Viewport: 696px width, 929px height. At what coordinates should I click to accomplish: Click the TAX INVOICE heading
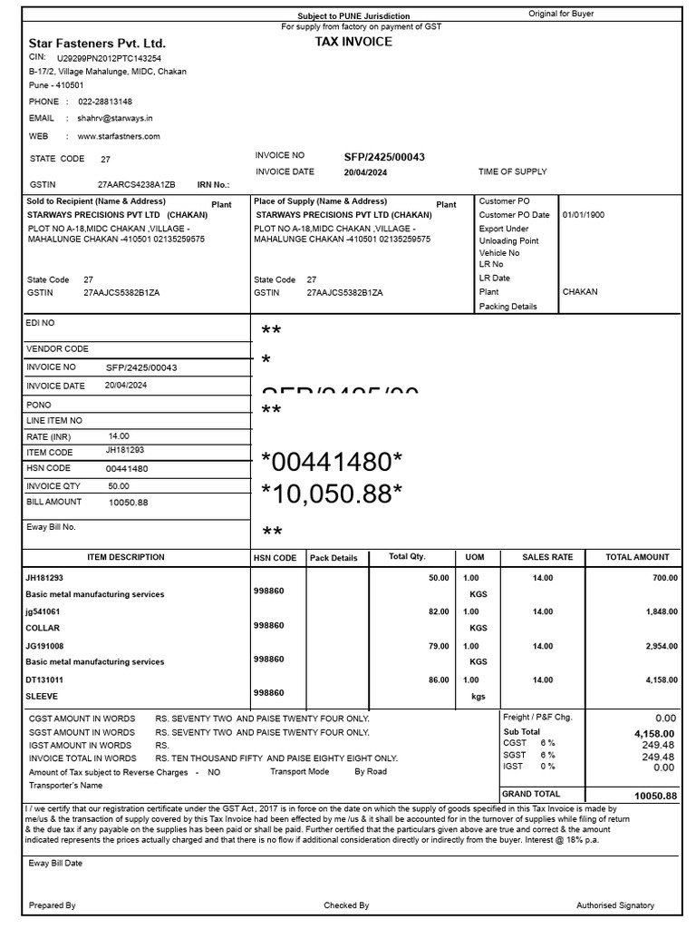(x=353, y=42)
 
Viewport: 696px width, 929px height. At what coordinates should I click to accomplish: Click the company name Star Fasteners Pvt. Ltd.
(x=97, y=43)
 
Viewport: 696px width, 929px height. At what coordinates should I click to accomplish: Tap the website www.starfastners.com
(x=119, y=136)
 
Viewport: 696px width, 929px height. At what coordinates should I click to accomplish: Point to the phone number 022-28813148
(x=104, y=102)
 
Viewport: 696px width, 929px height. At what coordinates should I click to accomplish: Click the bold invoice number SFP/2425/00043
(x=384, y=157)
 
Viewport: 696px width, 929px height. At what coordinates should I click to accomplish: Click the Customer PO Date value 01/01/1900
(x=584, y=215)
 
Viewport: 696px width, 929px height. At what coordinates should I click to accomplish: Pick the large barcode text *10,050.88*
(x=332, y=494)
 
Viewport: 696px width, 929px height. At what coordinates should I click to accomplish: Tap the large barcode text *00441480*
(x=332, y=463)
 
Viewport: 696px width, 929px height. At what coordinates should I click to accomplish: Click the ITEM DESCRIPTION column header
(x=126, y=557)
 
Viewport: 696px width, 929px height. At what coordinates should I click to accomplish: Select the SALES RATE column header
(x=548, y=557)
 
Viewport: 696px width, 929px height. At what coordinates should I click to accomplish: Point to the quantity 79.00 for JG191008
(x=438, y=646)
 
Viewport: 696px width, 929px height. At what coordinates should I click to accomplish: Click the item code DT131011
(x=44, y=680)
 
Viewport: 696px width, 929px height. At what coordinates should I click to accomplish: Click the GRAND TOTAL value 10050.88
(x=656, y=795)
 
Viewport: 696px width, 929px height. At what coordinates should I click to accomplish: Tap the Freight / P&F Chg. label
(x=538, y=717)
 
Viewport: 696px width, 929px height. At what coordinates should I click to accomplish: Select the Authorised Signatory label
(x=615, y=905)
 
